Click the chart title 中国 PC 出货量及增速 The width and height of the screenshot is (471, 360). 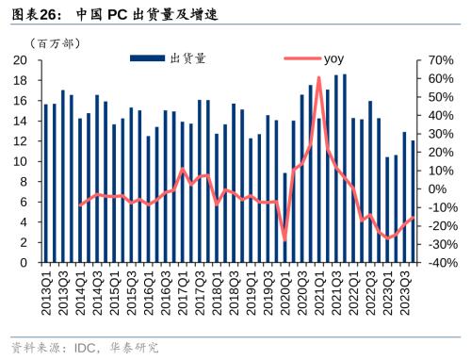pos(140,15)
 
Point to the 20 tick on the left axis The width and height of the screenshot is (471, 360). pos(19,60)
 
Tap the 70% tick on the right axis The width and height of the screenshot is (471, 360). pos(442,60)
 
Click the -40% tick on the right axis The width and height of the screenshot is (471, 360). pos(442,263)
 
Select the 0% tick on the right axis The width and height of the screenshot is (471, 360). pos(438,189)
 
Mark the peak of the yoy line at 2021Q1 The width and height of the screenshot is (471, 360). pos(319,78)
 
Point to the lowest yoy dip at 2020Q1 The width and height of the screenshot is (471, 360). pos(285,240)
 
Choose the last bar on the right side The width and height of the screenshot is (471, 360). pos(414,201)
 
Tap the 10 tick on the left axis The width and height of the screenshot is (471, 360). pos(19,162)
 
